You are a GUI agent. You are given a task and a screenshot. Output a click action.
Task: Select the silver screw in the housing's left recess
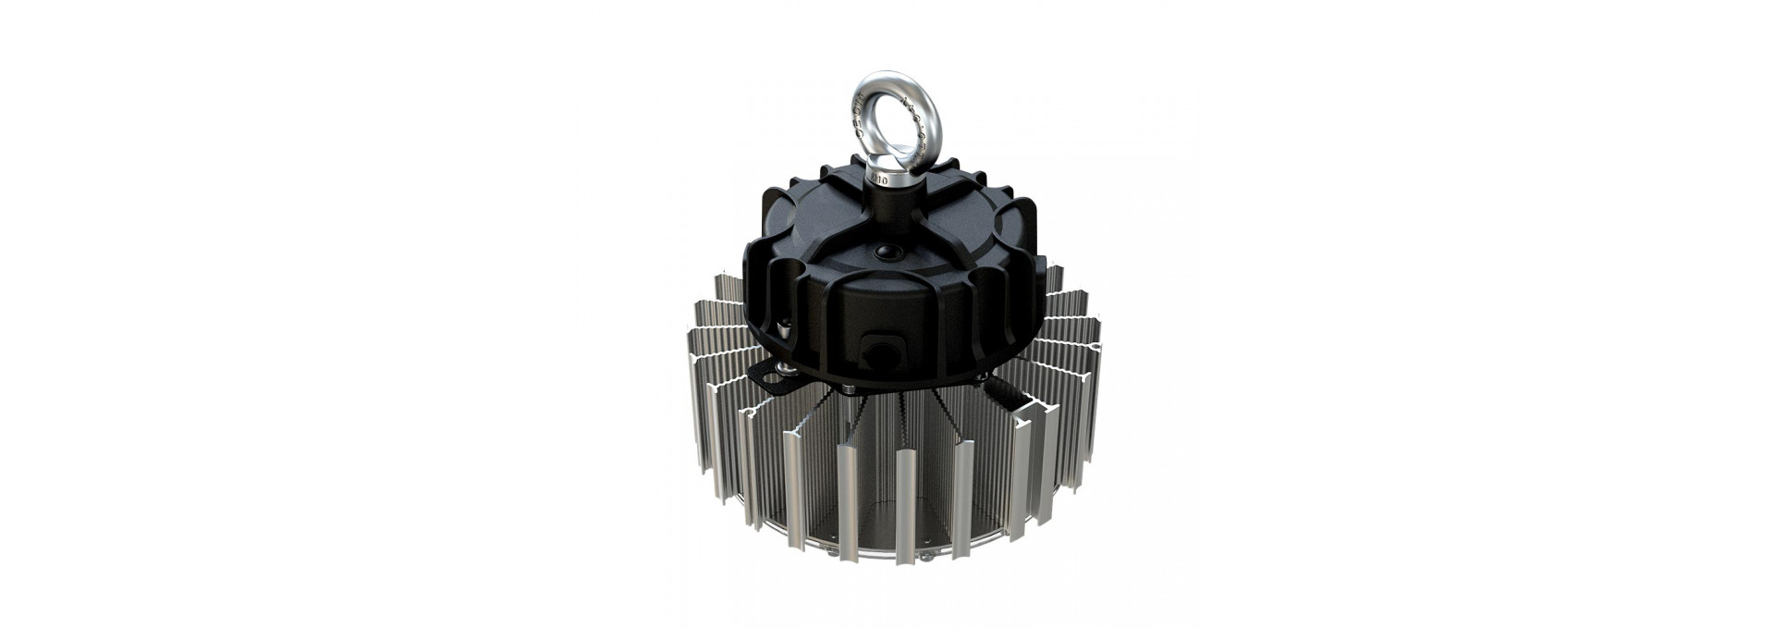(x=784, y=327)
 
